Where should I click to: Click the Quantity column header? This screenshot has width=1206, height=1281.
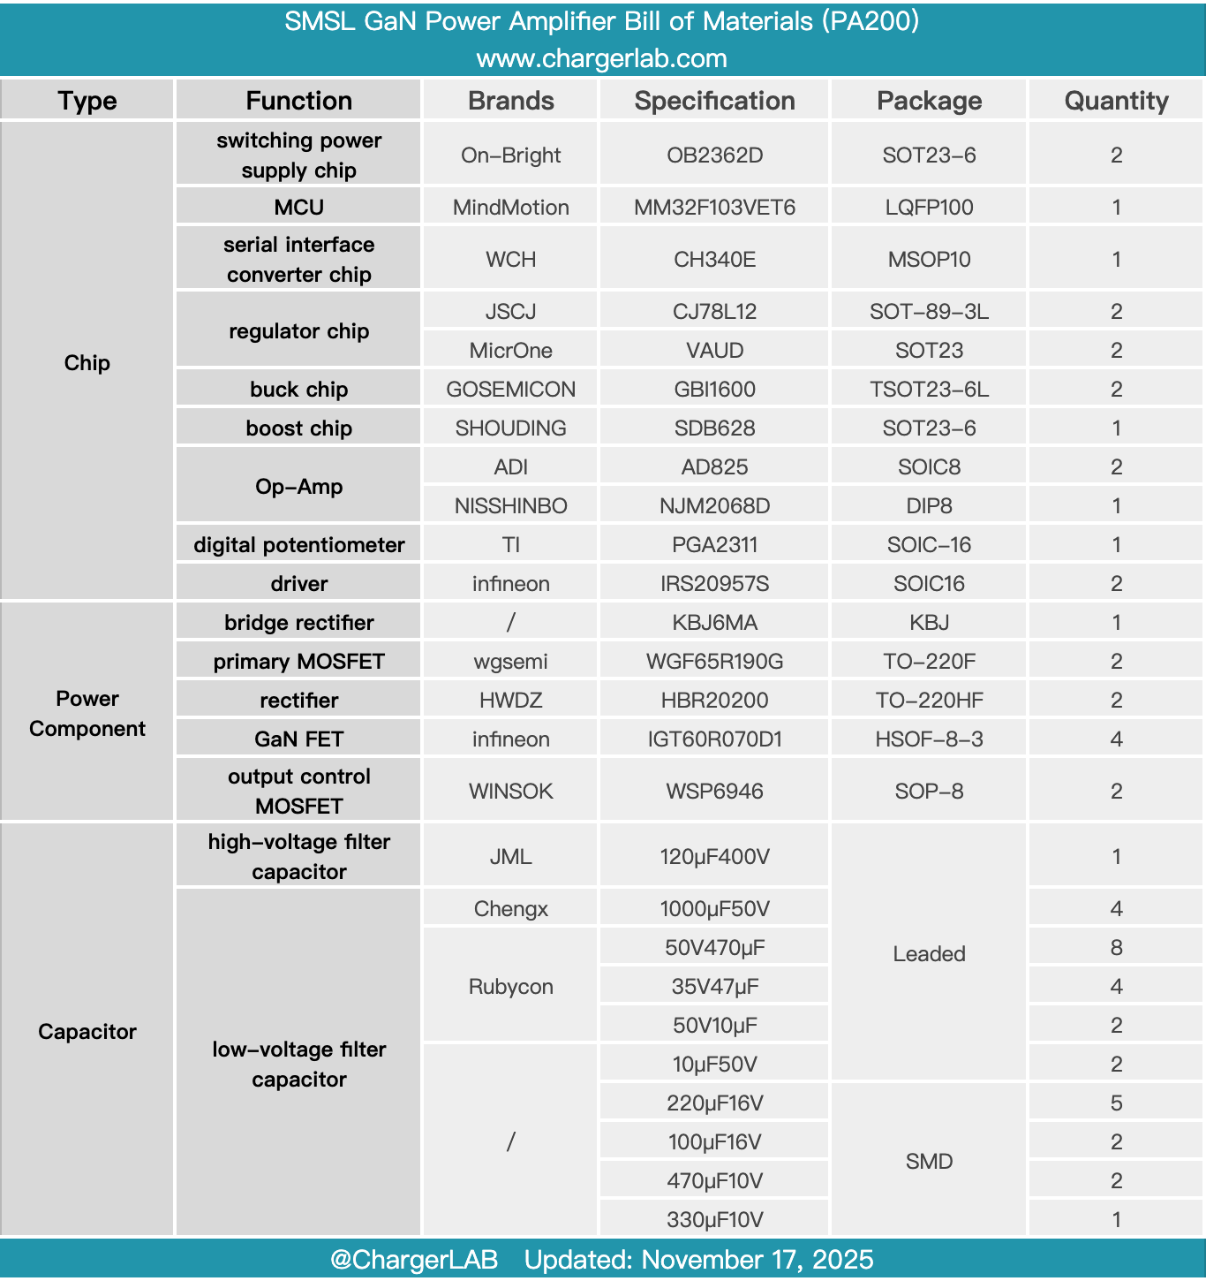[1116, 101]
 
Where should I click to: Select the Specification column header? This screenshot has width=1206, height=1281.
[714, 101]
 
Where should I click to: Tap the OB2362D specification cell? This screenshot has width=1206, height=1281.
[714, 155]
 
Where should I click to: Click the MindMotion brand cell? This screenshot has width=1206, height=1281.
[510, 208]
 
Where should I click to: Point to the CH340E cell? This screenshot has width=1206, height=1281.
[714, 260]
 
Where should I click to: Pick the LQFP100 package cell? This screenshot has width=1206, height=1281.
[929, 208]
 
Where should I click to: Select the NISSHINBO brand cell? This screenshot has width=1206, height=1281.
[510, 506]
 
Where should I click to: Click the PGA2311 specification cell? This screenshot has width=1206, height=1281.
[714, 545]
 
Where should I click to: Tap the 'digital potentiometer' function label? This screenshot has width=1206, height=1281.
[298, 545]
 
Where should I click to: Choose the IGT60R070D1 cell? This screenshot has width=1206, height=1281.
[714, 739]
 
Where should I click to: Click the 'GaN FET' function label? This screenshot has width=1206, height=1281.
[298, 739]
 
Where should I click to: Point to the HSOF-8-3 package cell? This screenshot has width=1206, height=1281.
[929, 739]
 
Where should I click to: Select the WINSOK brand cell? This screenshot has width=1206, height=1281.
[510, 792]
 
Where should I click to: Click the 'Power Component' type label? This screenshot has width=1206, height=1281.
[87, 714]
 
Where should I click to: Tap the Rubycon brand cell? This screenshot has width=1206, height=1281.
[510, 987]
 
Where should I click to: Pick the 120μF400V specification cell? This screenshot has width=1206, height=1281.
[714, 857]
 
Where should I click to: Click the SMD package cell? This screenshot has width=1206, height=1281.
[929, 1162]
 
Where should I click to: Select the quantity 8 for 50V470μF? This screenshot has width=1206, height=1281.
[1116, 948]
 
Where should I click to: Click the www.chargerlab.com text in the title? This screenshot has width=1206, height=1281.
[602, 59]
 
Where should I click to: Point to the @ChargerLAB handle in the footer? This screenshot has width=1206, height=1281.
[413, 1260]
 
